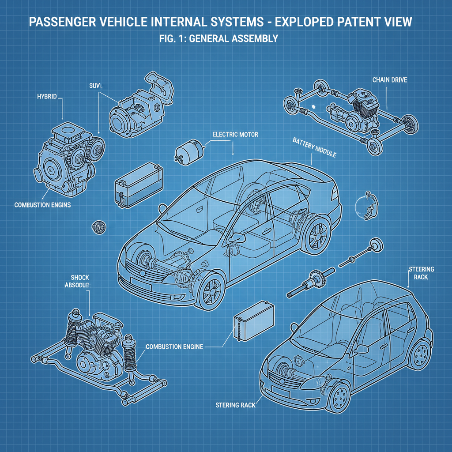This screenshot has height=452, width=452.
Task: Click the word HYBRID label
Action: pos(47,96)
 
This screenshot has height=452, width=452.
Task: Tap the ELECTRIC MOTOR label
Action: pos(235,134)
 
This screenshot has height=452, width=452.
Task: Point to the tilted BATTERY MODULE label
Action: pos(314,147)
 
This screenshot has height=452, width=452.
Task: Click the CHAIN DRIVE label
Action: pos(389,80)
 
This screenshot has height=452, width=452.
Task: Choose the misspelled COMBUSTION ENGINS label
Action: pos(42,205)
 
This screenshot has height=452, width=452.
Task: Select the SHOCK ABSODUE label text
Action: pos(80,281)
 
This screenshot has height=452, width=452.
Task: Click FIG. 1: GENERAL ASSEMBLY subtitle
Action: pos(218,39)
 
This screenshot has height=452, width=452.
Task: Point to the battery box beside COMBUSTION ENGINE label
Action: pos(253,321)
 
